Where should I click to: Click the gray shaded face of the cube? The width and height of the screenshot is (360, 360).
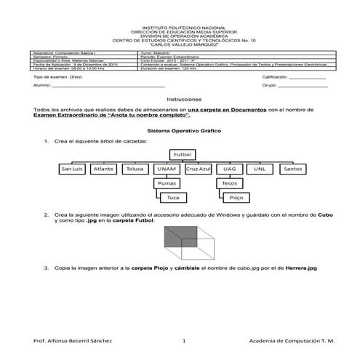click(177, 238)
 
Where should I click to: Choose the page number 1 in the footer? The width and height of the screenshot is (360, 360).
click(184, 342)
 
